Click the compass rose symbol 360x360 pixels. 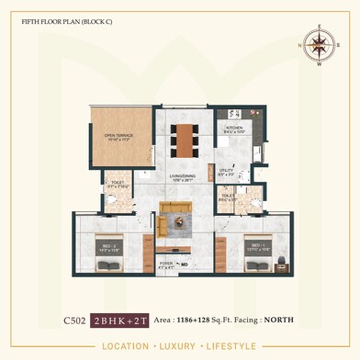[320, 44]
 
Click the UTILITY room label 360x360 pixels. [227, 172]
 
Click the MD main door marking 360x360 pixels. [184, 264]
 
